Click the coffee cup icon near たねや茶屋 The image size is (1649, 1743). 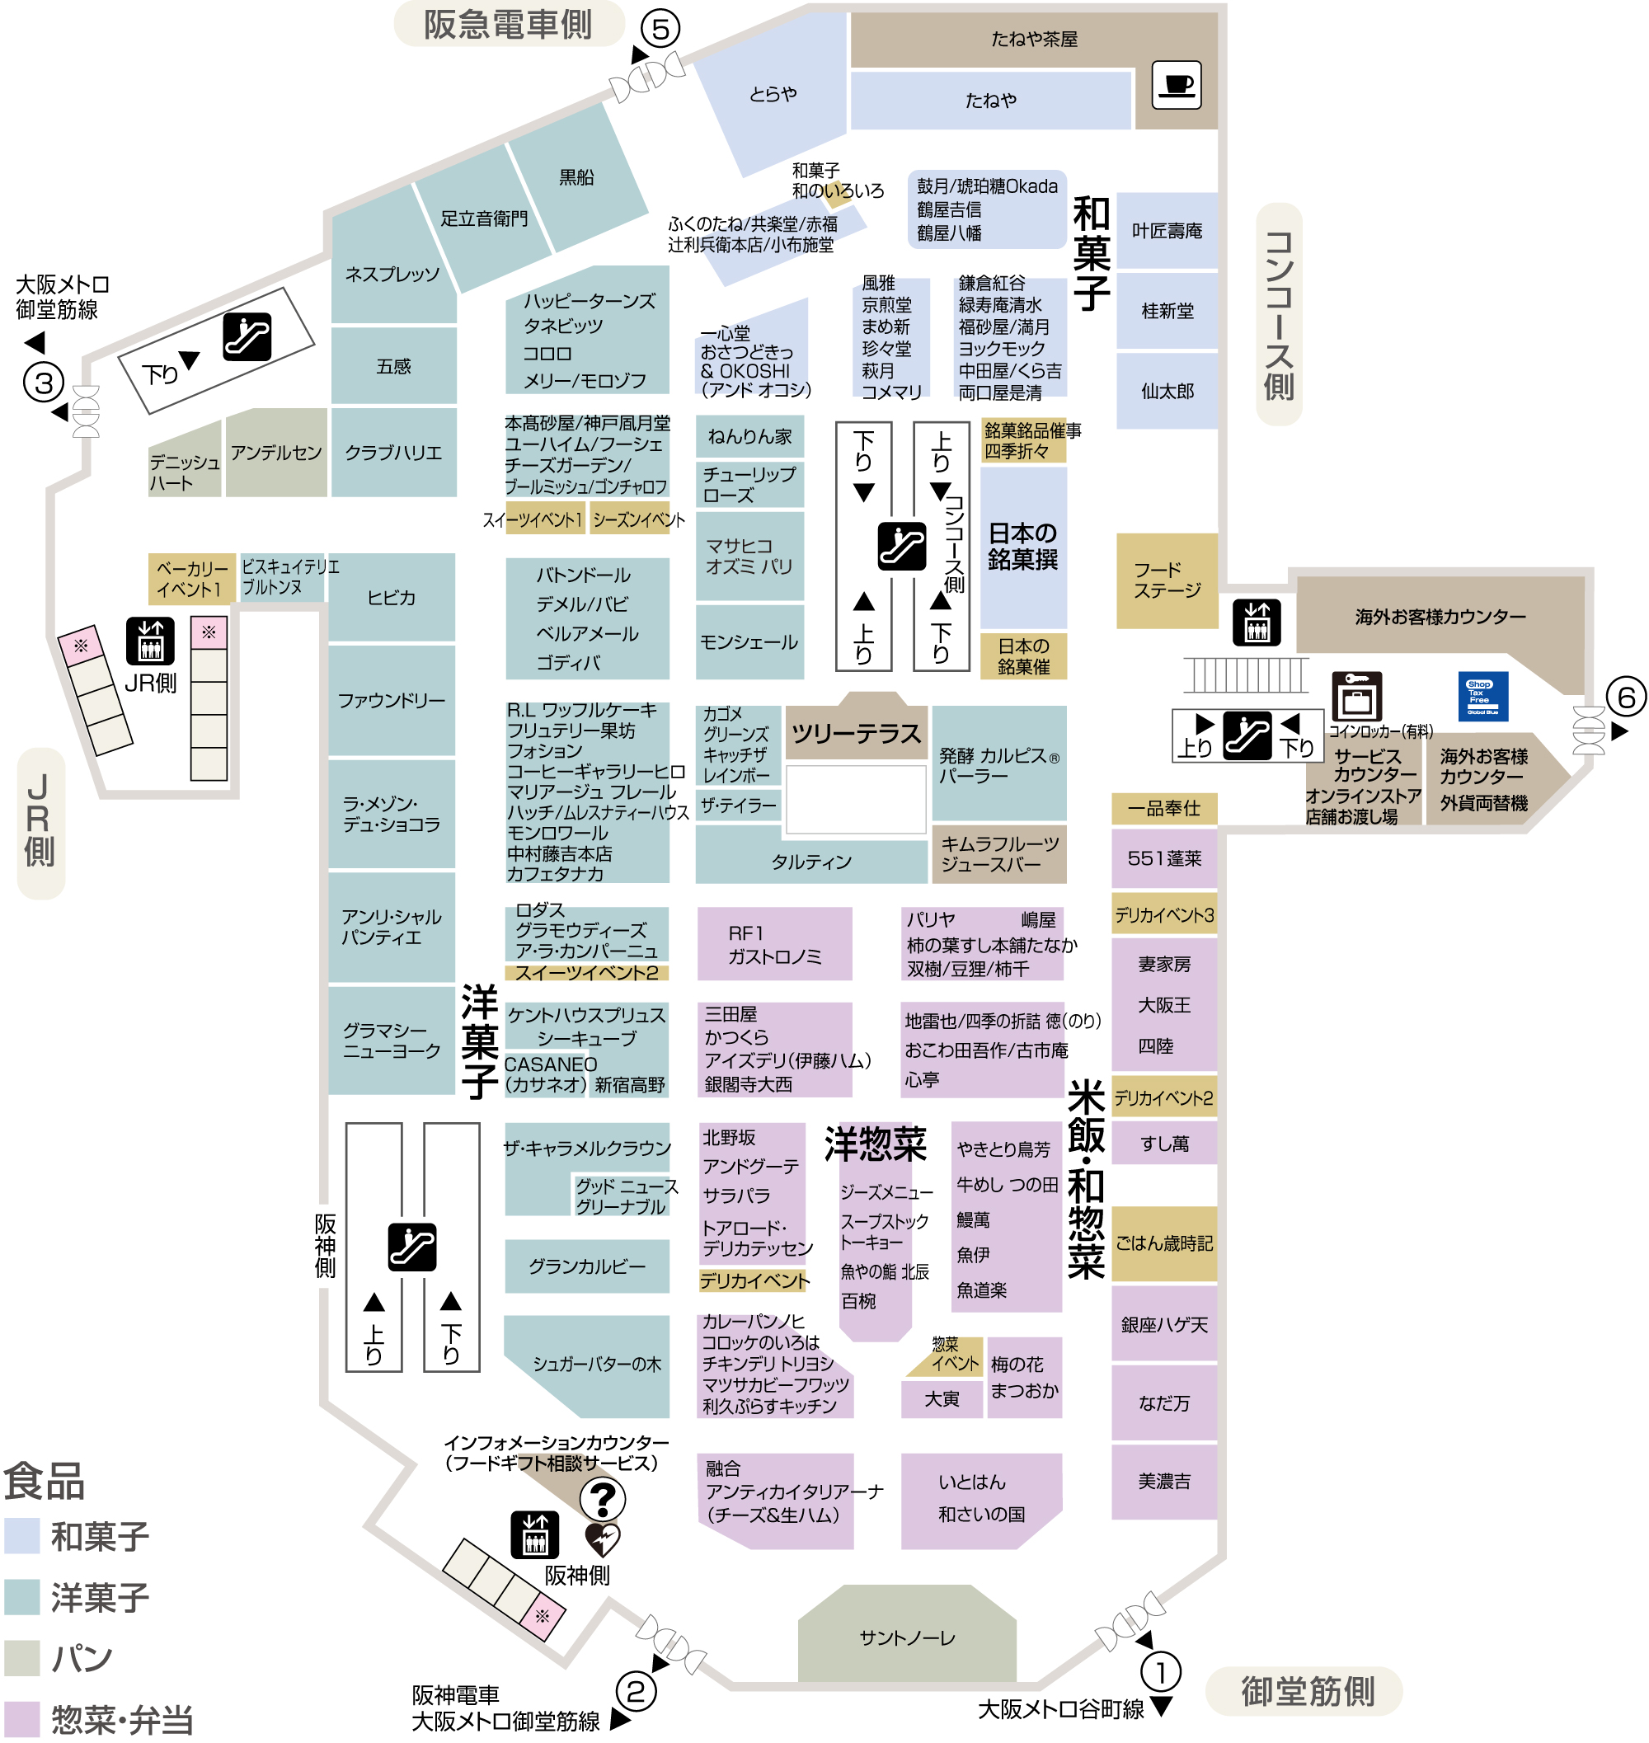[1176, 84]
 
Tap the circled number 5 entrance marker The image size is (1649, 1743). [660, 29]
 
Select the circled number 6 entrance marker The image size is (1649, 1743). [1626, 697]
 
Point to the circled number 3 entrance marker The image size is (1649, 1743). [44, 383]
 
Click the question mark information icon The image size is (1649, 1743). [603, 1498]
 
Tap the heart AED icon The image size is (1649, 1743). [602, 1539]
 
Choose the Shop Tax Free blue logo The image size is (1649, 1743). [1483, 696]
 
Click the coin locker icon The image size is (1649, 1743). [1356, 696]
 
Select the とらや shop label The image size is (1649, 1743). [773, 93]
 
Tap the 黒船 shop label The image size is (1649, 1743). [576, 176]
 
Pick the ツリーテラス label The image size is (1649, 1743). [856, 732]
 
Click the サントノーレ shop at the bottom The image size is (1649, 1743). [906, 1637]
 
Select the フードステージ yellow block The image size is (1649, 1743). [1167, 580]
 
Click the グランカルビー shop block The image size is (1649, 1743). [586, 1266]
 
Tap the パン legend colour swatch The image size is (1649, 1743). [22, 1658]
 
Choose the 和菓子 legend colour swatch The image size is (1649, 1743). [22, 1535]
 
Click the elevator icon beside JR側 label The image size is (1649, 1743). [150, 640]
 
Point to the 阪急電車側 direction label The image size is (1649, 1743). [508, 25]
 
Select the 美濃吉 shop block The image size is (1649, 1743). [1164, 1481]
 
